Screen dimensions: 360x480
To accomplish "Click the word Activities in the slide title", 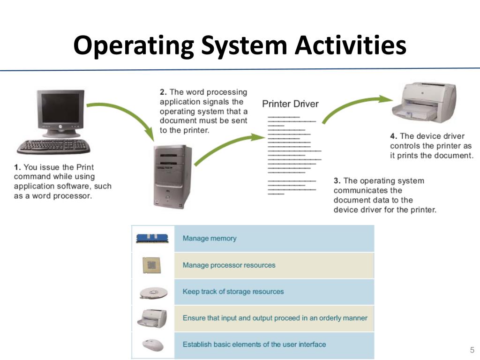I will coord(351,46).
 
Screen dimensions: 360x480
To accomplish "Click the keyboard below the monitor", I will coord(54,146).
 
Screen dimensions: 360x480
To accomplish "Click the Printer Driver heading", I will coord(290,104).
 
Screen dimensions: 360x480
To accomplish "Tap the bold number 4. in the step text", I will coord(394,136).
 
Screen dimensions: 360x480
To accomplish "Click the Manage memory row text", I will coord(210,238).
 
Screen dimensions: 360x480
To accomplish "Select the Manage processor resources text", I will coord(229,265).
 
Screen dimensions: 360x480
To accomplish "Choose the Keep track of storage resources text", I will coord(233,292).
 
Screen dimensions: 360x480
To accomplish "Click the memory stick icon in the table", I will coord(152,238).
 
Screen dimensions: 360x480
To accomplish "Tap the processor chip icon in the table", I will coord(151,266).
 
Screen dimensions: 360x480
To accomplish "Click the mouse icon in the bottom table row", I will coord(153,345).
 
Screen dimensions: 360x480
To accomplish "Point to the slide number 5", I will coord(472,350).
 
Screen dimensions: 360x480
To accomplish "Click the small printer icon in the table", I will coord(152,318).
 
